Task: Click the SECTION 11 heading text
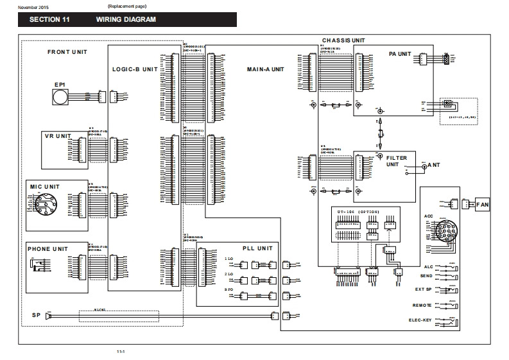click(x=49, y=19)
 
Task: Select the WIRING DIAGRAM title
click(x=126, y=19)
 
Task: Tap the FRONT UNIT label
click(x=67, y=52)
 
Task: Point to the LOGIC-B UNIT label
click(x=135, y=69)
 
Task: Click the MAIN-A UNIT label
click(x=265, y=69)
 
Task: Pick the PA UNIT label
click(x=400, y=55)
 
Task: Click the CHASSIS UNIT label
click(x=343, y=40)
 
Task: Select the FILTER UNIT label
click(x=397, y=160)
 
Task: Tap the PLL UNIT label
click(x=257, y=248)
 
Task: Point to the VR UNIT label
click(x=57, y=136)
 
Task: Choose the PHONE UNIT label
click(x=48, y=248)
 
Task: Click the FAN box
click(x=482, y=205)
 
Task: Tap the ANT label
click(x=434, y=166)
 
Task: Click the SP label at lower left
click(x=36, y=316)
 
